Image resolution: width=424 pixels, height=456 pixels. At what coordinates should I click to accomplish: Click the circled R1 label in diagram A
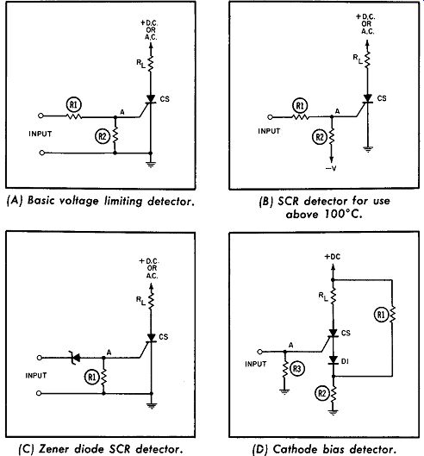point(74,105)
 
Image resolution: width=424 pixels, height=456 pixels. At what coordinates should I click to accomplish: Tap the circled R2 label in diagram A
point(103,136)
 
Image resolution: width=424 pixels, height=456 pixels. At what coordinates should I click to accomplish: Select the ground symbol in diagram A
point(151,165)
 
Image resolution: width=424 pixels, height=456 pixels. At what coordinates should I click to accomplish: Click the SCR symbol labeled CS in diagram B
point(368,99)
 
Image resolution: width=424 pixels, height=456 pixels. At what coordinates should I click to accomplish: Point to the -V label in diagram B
point(331,168)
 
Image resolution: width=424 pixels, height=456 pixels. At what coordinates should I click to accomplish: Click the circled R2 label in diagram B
point(320,137)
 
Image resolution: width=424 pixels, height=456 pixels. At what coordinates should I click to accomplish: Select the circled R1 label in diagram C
point(91,378)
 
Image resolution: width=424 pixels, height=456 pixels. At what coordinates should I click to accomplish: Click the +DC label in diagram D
point(333,257)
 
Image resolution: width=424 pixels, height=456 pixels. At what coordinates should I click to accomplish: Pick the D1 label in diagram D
point(345,361)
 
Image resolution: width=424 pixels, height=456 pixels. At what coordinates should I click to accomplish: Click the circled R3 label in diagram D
point(296,369)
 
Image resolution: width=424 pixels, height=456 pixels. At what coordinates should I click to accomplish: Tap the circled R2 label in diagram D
point(322,393)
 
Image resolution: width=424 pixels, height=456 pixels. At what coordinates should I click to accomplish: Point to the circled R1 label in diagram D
point(381,315)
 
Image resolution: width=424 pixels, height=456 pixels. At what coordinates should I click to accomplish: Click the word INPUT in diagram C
point(36,376)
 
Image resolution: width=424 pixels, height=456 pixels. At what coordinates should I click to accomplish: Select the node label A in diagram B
point(337,111)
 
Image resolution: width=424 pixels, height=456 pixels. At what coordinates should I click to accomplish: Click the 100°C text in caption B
point(344,214)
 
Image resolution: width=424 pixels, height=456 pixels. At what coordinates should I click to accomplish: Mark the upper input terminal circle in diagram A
point(41,116)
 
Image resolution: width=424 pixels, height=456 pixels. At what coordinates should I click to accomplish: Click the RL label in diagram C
point(140,301)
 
